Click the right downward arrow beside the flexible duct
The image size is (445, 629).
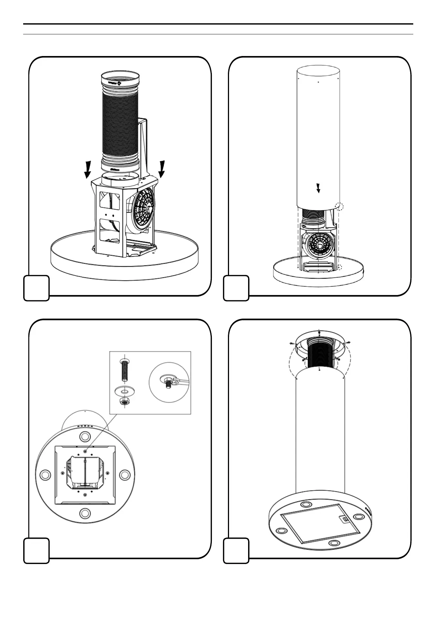pos(162,168)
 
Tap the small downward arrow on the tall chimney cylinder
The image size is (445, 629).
pos(318,188)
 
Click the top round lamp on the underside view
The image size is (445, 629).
pos(85,437)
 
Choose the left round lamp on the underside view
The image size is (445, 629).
pos(44,475)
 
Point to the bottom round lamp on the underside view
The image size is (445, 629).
pos(85,512)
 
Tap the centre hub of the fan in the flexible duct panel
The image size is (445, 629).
pos(149,210)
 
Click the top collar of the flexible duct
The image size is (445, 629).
pos(120,80)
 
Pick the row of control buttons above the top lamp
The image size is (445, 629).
pos(85,426)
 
